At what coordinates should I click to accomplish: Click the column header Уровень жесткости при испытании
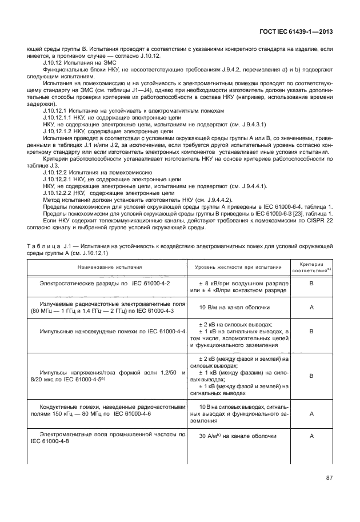click(x=238, y=267)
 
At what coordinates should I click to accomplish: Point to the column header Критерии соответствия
click(x=311, y=267)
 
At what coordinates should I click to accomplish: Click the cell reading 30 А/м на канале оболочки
click(x=237, y=436)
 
